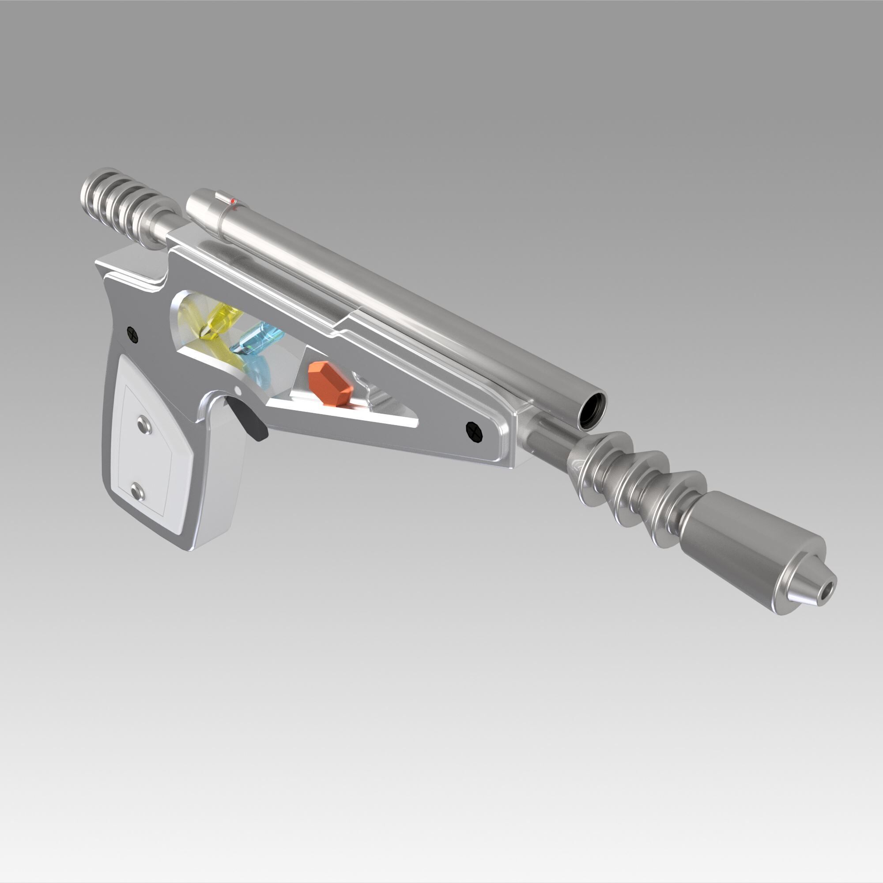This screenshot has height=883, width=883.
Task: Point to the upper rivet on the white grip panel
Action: tap(145, 425)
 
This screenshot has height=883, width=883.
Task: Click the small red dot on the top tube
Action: tap(233, 201)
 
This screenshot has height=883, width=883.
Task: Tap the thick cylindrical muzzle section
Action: tap(745, 544)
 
